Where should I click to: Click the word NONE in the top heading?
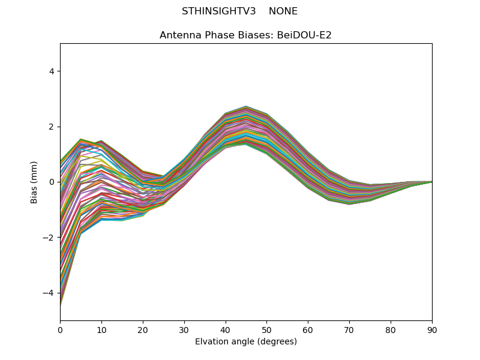pos(283,11)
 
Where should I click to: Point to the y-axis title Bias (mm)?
pos(34,182)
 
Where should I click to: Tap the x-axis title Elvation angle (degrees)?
pos(246,342)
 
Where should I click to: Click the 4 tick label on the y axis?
pos(52,71)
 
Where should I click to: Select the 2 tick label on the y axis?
pos(52,127)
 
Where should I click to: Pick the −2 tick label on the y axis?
pos(49,238)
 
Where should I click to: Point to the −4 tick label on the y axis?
pos(49,293)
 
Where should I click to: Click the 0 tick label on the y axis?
pos(52,182)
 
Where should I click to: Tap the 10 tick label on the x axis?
pos(101,329)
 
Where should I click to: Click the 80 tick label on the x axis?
pos(391,329)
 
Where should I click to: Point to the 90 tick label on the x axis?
pos(432,329)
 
